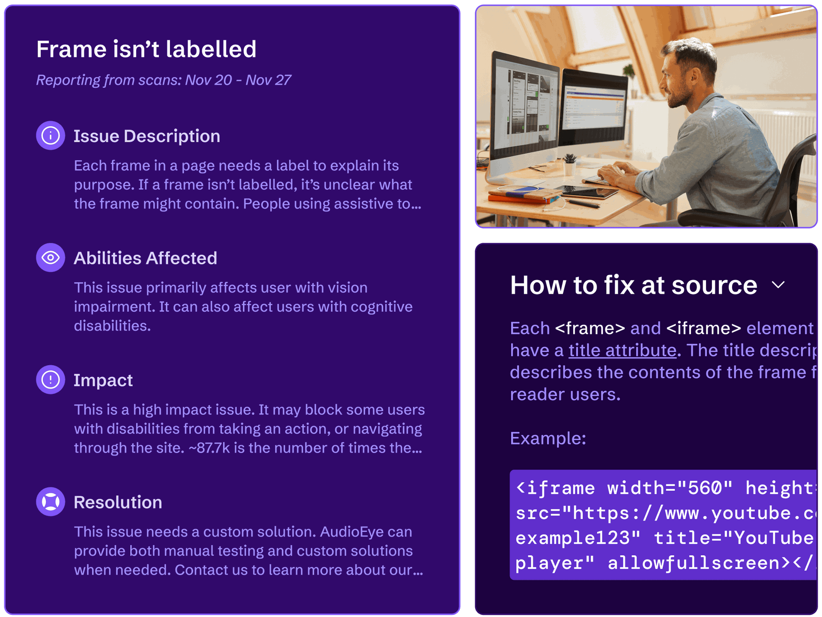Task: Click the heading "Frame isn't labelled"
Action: [146, 49]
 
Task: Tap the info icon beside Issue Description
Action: [51, 136]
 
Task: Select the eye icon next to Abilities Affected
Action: [51, 258]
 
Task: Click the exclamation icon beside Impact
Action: [51, 380]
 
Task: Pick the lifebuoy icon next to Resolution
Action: [51, 502]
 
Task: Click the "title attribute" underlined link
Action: [622, 351]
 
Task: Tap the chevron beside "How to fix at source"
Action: [778, 285]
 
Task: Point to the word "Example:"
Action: [548, 438]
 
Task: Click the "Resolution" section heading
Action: [118, 502]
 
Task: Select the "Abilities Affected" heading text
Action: [145, 258]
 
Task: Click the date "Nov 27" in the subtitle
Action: [268, 80]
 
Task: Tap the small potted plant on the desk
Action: [570, 163]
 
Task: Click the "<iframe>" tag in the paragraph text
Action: [703, 328]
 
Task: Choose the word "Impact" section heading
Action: [103, 380]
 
